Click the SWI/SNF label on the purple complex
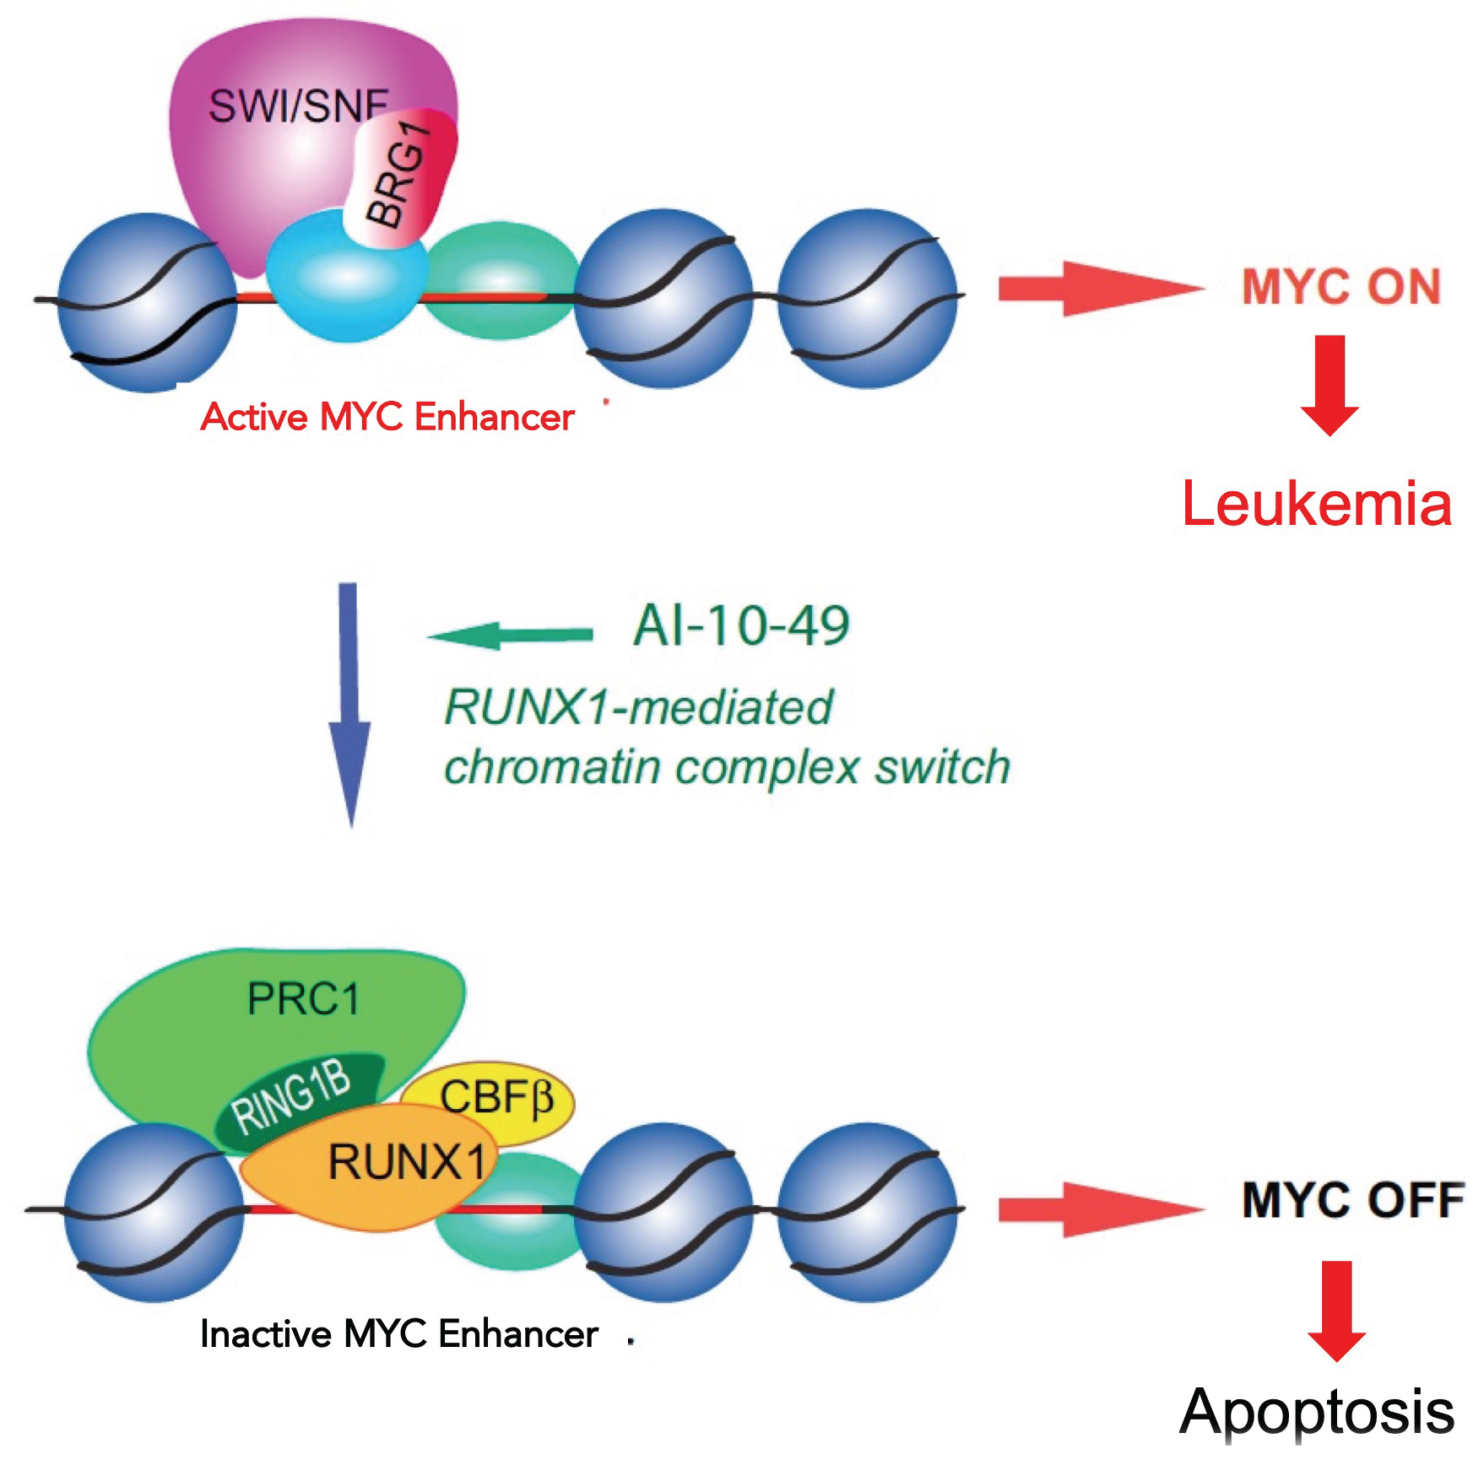click(x=296, y=108)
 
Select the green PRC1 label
click(x=304, y=999)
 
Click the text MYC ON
click(x=1340, y=287)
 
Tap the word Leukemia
click(x=1317, y=504)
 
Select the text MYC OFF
click(x=1352, y=1200)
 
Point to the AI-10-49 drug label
click(x=741, y=626)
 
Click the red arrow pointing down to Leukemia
click(x=1329, y=385)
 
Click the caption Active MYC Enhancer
click(x=387, y=418)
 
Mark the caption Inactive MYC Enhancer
click(x=398, y=1334)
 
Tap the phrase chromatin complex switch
click(x=727, y=767)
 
